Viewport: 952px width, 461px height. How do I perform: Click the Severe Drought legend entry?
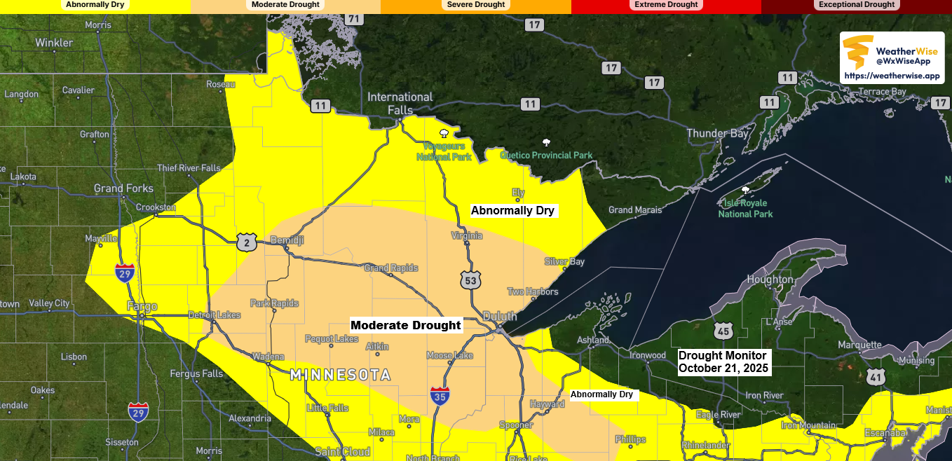(475, 5)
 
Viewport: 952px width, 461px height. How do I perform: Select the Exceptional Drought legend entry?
(856, 5)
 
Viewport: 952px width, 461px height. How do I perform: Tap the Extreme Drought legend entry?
(666, 5)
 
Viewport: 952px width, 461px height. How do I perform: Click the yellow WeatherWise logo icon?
(857, 53)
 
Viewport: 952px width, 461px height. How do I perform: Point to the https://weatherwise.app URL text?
(891, 76)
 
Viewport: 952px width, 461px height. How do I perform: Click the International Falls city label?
(400, 103)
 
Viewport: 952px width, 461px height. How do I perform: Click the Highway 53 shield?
(470, 280)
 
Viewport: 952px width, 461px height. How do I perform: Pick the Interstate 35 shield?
(440, 394)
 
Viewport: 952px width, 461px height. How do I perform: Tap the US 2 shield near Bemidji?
(246, 242)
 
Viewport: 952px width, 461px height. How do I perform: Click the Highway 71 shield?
(354, 19)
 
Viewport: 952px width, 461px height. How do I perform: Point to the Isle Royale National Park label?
(745, 208)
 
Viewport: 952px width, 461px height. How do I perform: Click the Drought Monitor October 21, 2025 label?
(723, 362)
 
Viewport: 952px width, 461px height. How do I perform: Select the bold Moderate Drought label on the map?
(406, 325)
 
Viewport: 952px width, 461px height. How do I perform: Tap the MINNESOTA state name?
(340, 375)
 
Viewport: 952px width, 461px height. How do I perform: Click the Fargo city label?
(142, 306)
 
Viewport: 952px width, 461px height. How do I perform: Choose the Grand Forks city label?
(123, 188)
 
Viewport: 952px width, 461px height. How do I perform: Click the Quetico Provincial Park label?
(546, 155)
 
